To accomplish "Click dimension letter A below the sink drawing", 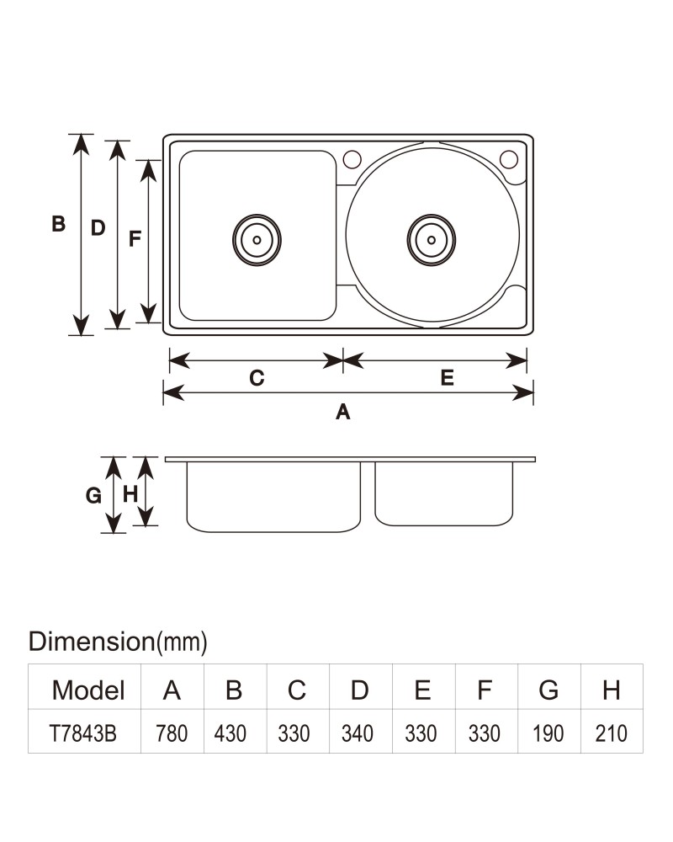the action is (343, 412).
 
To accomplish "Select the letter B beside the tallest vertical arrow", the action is (59, 223).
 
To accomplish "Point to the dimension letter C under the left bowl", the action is (257, 378).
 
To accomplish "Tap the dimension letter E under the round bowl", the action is (447, 377).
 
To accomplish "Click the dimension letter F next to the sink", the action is (135, 238).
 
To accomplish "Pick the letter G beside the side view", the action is (93, 495).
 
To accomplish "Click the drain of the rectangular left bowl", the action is (257, 240).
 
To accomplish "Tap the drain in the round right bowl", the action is (432, 240).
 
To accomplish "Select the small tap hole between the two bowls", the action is (352, 159).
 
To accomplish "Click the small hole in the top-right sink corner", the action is (509, 159).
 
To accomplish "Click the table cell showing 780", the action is (172, 733).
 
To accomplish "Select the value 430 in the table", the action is (231, 733).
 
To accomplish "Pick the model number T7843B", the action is (82, 733).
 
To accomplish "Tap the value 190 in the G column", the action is (548, 733).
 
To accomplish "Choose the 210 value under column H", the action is (612, 733).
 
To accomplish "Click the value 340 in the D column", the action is (358, 733).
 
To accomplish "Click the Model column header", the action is (88, 690).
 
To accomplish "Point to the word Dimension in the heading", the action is (91, 641).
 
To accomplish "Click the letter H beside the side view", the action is (130, 494).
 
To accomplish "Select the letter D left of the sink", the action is (98, 228).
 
